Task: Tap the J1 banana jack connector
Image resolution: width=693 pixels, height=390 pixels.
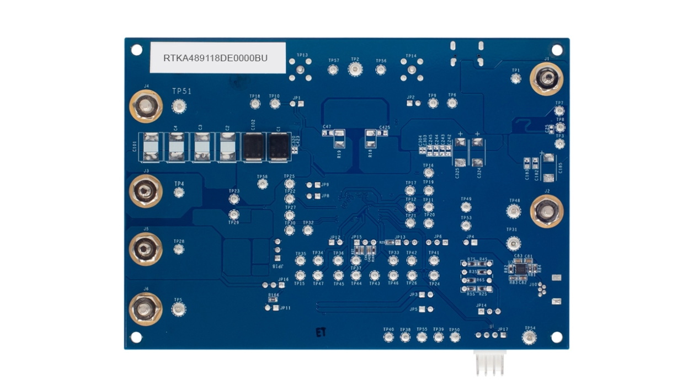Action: tap(546, 79)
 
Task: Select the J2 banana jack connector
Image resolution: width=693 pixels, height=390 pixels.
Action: tap(546, 211)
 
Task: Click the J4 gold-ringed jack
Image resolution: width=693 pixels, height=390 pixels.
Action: tap(146, 106)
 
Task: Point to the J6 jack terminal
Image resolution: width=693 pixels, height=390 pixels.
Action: tap(146, 309)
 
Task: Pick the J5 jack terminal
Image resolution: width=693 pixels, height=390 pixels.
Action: tap(146, 249)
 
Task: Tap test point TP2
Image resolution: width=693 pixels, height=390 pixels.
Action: tap(355, 70)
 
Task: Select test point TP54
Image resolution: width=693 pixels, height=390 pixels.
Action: tap(530, 338)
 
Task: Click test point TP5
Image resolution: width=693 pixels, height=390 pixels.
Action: tap(178, 309)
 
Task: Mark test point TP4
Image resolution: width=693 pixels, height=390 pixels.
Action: tap(179, 192)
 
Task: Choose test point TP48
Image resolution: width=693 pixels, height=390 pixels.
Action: tap(514, 211)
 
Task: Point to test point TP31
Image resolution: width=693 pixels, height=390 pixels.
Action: tap(514, 243)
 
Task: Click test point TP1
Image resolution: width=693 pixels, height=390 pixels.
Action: tap(516, 79)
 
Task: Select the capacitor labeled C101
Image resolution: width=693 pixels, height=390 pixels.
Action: tap(149, 147)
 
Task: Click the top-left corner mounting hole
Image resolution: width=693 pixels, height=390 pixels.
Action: tap(136, 50)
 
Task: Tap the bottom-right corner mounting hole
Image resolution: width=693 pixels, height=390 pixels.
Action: tap(557, 336)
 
